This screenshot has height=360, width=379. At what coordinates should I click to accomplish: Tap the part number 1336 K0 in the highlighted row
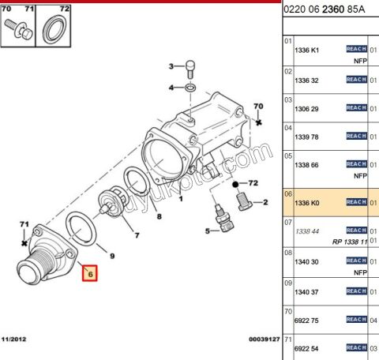pyautogui.click(x=308, y=202)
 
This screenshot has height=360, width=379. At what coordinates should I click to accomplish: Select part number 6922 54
pyautogui.click(x=308, y=347)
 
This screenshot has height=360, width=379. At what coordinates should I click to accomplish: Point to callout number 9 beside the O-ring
pyautogui.click(x=111, y=256)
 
